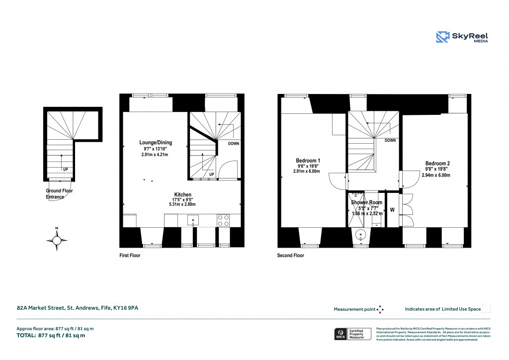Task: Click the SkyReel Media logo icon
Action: tap(442, 37)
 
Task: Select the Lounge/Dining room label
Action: tap(155, 143)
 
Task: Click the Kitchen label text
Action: tap(182, 194)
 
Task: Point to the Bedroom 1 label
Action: tap(308, 161)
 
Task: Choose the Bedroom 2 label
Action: tap(437, 163)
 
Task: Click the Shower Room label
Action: tap(366, 203)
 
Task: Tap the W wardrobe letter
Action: tap(392, 210)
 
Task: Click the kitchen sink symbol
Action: tap(192, 219)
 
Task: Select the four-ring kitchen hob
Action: tap(223, 219)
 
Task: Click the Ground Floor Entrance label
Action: tap(55, 194)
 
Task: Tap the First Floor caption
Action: tap(130, 256)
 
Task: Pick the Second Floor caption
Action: tap(290, 256)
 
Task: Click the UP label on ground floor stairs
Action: tap(66, 169)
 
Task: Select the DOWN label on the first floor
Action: tap(233, 144)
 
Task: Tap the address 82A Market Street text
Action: tap(77, 309)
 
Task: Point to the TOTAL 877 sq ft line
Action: tap(51, 336)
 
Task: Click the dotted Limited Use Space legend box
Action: tap(487, 309)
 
